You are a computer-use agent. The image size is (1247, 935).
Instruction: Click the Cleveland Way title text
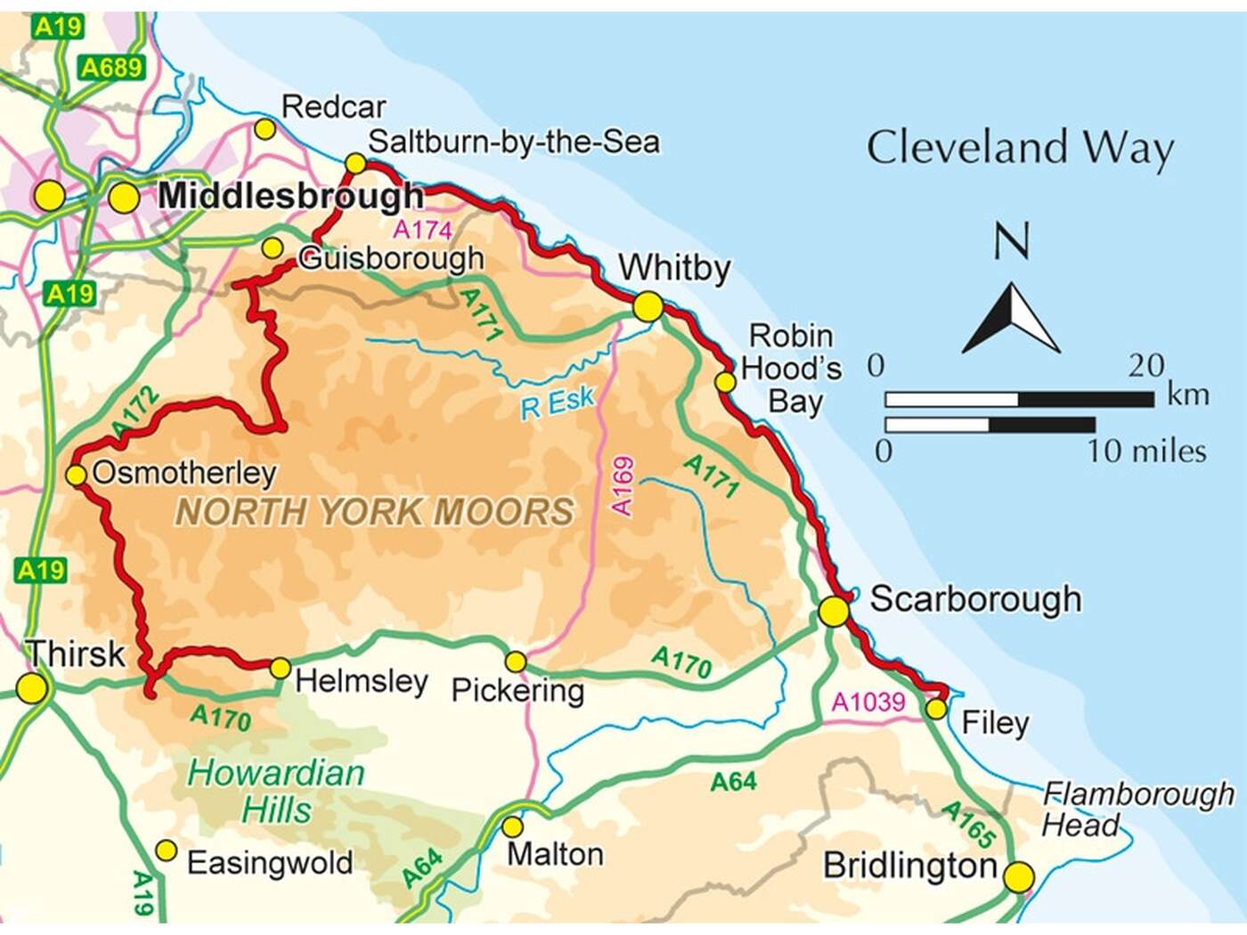click(x=1020, y=149)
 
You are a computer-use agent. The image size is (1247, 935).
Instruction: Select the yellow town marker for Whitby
click(x=648, y=307)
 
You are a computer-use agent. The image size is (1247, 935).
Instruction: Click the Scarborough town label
click(x=975, y=599)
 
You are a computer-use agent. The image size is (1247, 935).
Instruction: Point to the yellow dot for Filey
click(x=935, y=709)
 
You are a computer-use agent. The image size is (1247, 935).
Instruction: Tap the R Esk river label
click(x=557, y=403)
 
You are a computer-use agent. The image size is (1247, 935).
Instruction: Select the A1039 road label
click(x=868, y=702)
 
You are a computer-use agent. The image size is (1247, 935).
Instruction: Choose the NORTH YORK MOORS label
click(x=374, y=512)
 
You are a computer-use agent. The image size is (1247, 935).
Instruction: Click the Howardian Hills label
click(x=276, y=792)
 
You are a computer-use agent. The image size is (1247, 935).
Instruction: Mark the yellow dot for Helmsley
click(x=280, y=668)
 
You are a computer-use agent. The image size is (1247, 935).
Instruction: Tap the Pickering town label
click(x=518, y=690)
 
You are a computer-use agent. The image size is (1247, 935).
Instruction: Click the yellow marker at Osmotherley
click(x=77, y=475)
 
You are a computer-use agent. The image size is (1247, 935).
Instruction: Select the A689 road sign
click(x=111, y=68)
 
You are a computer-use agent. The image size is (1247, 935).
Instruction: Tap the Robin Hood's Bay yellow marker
click(x=726, y=382)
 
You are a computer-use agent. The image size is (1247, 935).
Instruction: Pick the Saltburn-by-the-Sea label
click(x=514, y=142)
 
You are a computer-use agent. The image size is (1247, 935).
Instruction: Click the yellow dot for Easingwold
click(x=167, y=851)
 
